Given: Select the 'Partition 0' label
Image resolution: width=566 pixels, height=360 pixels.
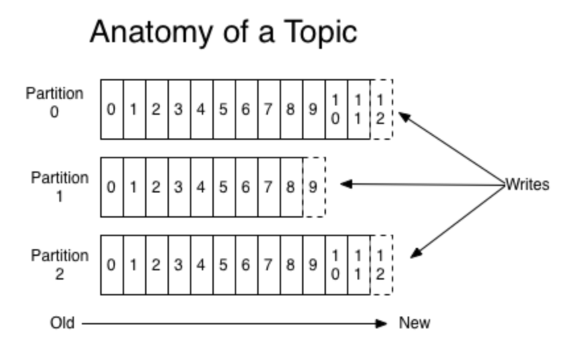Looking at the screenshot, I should [55, 102].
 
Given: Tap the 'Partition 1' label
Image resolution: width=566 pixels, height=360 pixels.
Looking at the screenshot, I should [59, 187].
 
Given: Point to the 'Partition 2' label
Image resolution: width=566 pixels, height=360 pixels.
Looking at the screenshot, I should [59, 264].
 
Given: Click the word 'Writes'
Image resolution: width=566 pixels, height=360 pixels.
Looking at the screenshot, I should [527, 185].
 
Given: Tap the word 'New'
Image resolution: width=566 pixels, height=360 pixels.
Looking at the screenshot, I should [414, 323].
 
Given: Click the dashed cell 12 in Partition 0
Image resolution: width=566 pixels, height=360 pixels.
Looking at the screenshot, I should [381, 109].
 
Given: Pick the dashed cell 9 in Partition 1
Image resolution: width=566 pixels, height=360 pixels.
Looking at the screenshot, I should [313, 187].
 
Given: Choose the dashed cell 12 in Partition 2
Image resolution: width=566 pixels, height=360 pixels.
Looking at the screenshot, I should [381, 265].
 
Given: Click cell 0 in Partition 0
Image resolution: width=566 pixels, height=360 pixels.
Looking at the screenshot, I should [111, 109].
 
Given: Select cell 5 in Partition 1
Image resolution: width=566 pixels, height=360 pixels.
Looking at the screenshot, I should [224, 187].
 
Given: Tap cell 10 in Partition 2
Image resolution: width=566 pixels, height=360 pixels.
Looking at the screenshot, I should [336, 265].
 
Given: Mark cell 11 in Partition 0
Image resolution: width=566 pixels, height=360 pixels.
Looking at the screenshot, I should [358, 109].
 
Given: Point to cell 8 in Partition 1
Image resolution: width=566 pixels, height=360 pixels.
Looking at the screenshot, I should [291, 187].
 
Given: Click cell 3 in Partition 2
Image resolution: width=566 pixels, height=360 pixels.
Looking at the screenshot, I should [179, 265].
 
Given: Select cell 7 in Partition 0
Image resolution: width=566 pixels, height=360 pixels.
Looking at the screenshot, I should [268, 109].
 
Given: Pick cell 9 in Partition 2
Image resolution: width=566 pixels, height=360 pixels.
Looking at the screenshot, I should [313, 265].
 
